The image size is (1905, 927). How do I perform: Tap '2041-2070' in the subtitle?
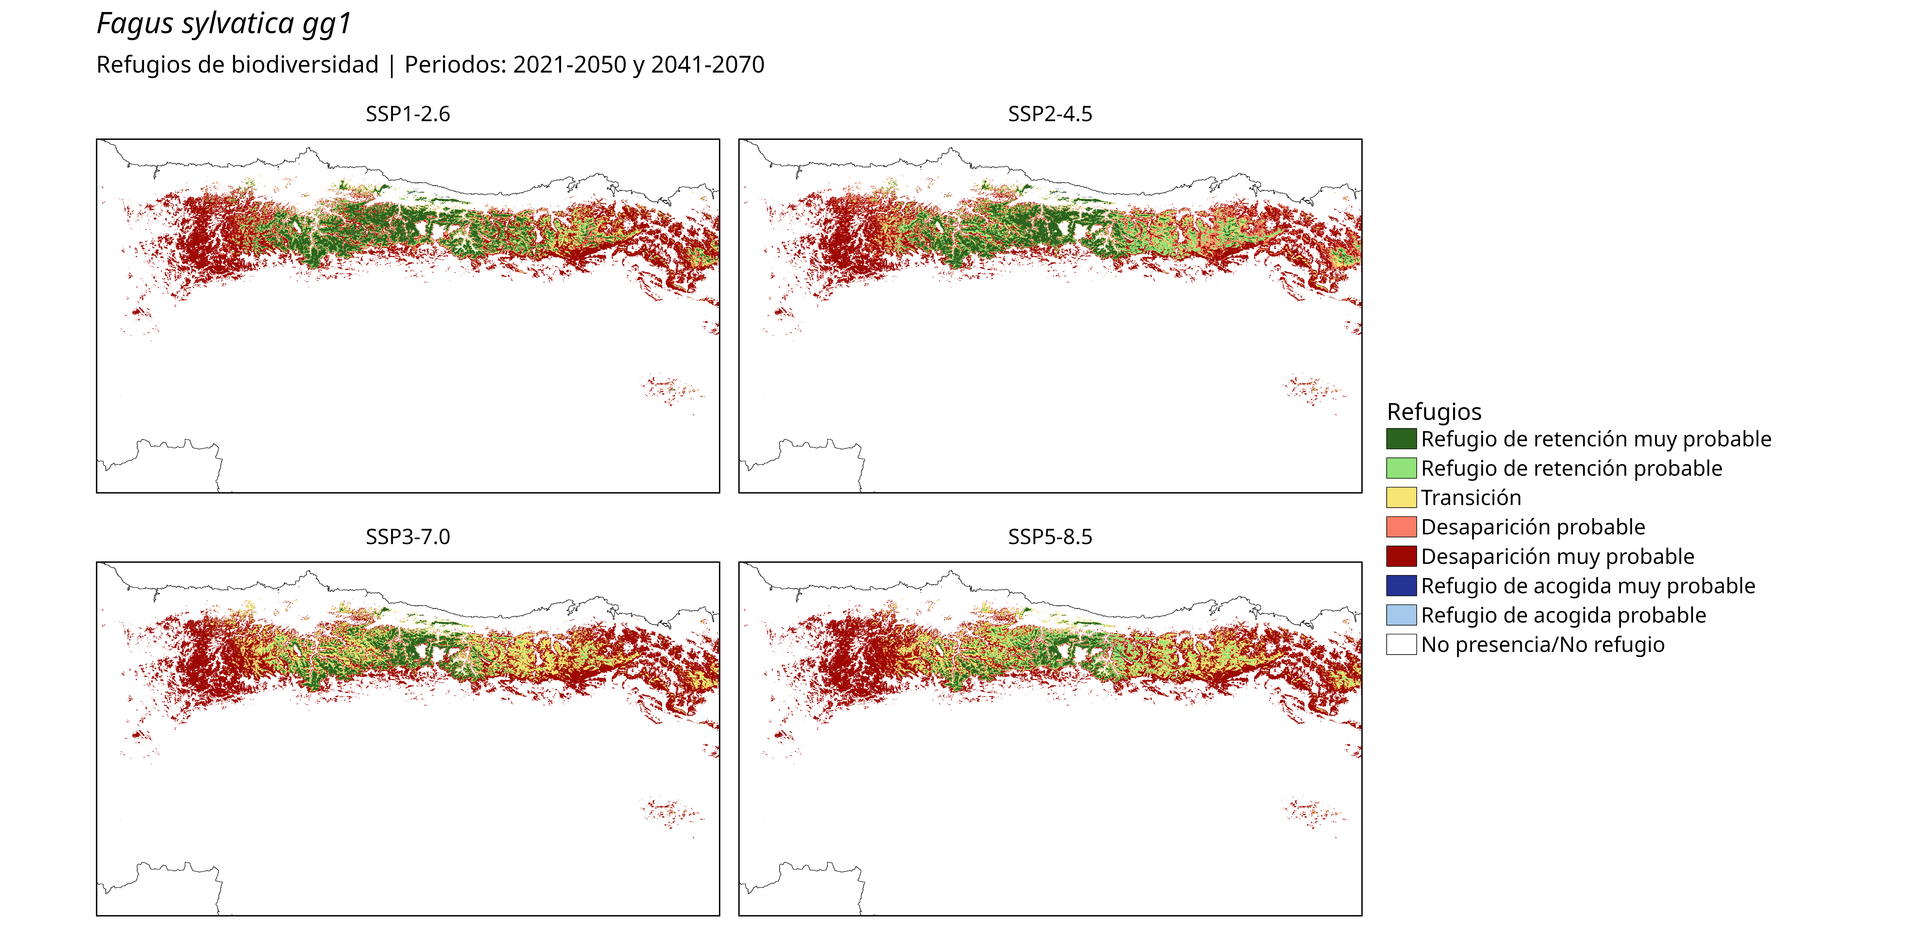[x=708, y=65]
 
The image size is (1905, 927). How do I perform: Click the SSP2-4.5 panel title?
[x=1050, y=114]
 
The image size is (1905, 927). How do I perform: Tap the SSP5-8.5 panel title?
[x=1050, y=537]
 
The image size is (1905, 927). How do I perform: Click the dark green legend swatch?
[x=1401, y=439]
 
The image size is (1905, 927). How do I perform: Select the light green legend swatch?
[x=1401, y=468]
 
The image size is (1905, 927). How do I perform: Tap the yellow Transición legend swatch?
[x=1401, y=497]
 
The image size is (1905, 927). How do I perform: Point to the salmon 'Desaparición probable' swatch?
[x=1401, y=527]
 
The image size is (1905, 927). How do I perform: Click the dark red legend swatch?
[x=1401, y=556]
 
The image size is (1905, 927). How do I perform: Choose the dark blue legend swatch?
[x=1401, y=586]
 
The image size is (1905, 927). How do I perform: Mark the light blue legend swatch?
[x=1401, y=615]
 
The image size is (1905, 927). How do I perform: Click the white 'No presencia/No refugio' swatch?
[x=1401, y=644]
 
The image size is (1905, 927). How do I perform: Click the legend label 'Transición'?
[x=1471, y=498]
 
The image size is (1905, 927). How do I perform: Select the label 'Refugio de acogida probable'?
[x=1563, y=616]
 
